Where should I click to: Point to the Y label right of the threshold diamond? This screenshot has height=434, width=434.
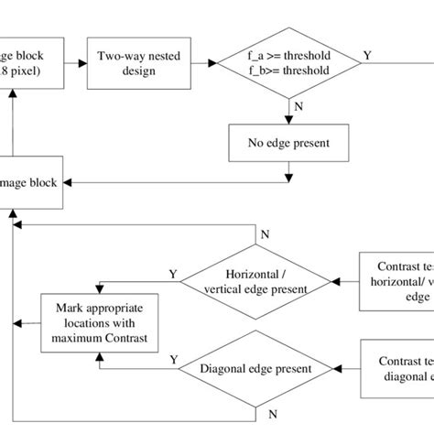point(367,55)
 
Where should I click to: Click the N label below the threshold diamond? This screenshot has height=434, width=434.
point(299,107)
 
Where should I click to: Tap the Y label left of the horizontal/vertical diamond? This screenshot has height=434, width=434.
point(172,272)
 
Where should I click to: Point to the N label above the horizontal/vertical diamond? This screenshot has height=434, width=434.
point(266,235)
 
